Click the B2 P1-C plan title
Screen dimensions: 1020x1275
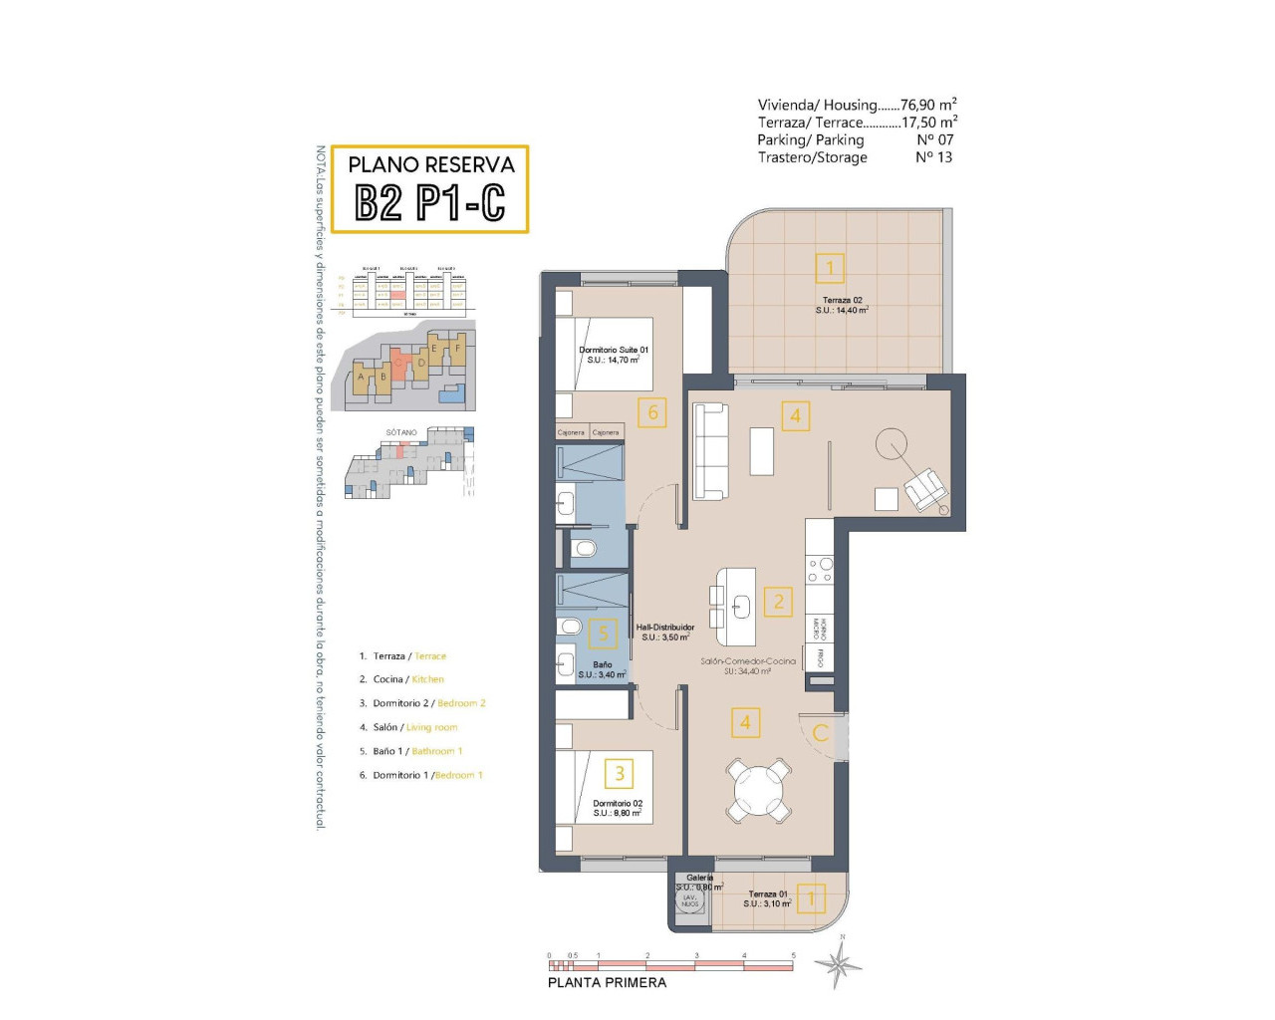pyautogui.click(x=430, y=202)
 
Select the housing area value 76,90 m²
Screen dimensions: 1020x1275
pyautogui.click(x=928, y=105)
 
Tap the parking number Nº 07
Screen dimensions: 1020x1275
pyautogui.click(x=934, y=139)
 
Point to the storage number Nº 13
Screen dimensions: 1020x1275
pyautogui.click(x=933, y=157)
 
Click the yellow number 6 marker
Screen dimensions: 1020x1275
pyautogui.click(x=652, y=412)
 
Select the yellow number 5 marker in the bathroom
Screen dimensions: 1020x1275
pyautogui.click(x=603, y=634)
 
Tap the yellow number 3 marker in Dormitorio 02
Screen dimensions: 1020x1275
pyautogui.click(x=620, y=773)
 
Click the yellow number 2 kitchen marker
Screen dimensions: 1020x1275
pyautogui.click(x=779, y=601)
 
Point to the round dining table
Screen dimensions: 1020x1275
pyautogui.click(x=759, y=791)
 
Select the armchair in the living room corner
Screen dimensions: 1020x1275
pyautogui.click(x=925, y=489)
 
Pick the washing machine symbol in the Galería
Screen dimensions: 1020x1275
pyautogui.click(x=689, y=899)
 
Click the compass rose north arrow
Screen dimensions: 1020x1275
pyautogui.click(x=838, y=963)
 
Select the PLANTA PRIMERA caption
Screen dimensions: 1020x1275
pyautogui.click(x=607, y=982)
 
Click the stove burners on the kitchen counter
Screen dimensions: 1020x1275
pyautogui.click(x=820, y=570)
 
